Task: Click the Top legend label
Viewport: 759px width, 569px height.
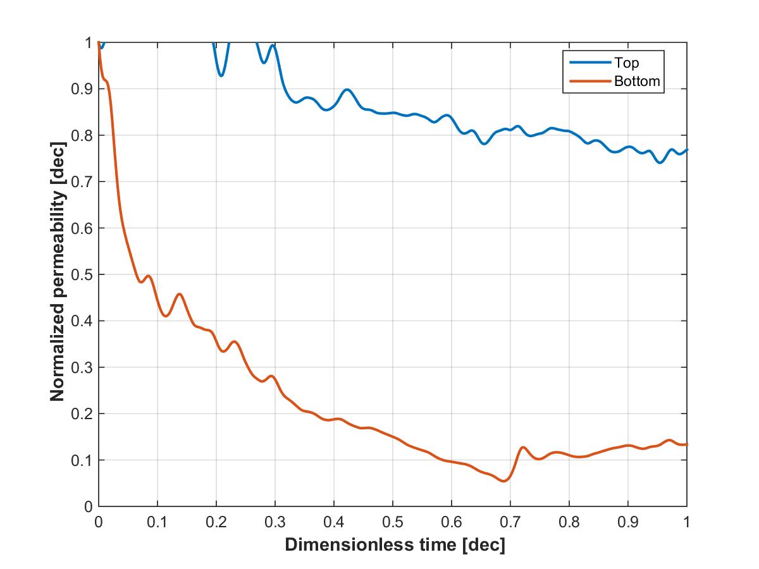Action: [626, 63]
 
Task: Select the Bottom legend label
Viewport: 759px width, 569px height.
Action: [637, 81]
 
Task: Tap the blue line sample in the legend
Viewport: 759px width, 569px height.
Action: [590, 62]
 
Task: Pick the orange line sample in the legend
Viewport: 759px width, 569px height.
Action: [590, 81]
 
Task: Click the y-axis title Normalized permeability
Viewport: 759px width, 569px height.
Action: [58, 271]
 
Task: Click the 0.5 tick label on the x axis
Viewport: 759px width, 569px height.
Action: [393, 522]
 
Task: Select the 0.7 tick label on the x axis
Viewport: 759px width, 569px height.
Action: [510, 522]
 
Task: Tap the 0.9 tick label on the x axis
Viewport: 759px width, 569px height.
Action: [628, 522]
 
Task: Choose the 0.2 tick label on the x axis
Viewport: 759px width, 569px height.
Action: [216, 522]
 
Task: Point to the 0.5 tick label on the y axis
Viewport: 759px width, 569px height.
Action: [82, 274]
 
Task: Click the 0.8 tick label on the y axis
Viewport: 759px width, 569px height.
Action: [82, 135]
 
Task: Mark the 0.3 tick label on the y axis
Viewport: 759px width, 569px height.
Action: [82, 367]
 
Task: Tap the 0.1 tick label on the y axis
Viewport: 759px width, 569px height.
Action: [82, 460]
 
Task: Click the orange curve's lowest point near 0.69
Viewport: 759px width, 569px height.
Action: [504, 480]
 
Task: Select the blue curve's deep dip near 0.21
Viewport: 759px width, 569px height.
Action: [221, 75]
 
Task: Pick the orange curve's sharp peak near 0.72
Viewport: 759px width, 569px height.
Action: [522, 448]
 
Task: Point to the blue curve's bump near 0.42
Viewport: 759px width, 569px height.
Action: [347, 90]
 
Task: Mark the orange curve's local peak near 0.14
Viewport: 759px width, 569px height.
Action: [179, 295]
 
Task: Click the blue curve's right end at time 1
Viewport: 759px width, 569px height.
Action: [686, 150]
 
